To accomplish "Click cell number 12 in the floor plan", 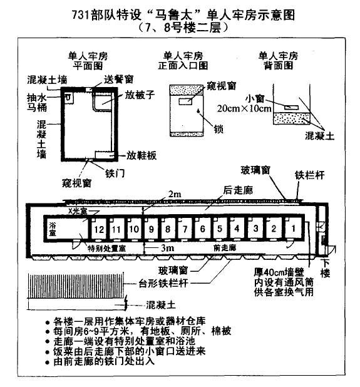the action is tap(99, 229).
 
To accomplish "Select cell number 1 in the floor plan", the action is tap(293, 229).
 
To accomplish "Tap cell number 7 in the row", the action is tap(185, 229).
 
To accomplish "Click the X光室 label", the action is tap(78, 211).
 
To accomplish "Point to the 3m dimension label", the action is tap(167, 247).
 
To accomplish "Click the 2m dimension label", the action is tap(175, 194).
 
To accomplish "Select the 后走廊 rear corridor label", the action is tap(238, 190).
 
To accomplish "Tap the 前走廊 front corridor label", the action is tap(225, 247).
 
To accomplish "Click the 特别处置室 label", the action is tap(106, 248).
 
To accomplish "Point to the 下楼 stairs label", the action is tap(325, 268).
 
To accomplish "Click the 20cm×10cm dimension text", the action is tap(244, 108).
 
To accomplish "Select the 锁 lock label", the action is tap(219, 129).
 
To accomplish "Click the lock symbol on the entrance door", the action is tap(198, 111).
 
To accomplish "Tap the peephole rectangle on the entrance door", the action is tap(185, 101).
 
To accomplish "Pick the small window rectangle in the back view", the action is tap(291, 107).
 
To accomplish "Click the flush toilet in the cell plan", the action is tap(68, 98).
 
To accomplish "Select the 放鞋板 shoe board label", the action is tap(141, 155).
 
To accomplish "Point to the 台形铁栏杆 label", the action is tap(163, 283).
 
